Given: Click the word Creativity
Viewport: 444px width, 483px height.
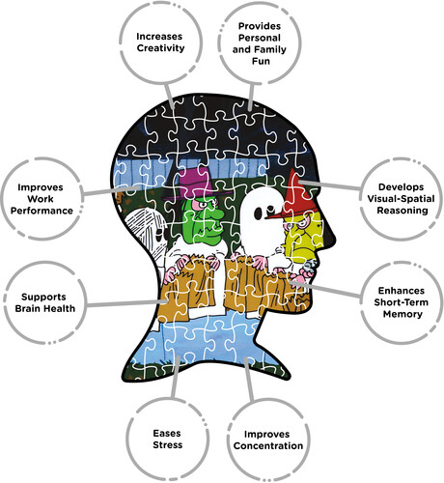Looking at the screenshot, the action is point(160,48).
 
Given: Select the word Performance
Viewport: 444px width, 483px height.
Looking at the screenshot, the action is point(42,211).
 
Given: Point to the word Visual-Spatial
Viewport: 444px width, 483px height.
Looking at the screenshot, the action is point(401,199).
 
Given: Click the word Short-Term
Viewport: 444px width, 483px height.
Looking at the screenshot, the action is point(401,302).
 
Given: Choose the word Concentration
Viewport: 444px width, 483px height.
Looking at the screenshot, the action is point(268,445).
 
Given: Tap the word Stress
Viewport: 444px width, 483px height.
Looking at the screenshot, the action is point(167,445).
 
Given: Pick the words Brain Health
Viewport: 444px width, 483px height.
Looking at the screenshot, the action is point(45,308).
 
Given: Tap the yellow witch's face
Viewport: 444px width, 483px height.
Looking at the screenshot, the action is point(302,235).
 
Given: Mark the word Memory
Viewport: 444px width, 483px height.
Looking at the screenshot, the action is point(402,314).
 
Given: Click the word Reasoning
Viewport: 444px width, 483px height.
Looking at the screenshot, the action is point(402,211).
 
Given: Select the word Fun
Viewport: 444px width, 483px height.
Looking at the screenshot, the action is point(261,61).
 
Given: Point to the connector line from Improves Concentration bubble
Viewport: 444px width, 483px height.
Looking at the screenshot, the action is point(248,380).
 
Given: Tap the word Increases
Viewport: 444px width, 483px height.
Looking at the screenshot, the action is point(159,37).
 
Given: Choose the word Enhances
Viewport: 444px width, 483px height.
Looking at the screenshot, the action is point(402,291).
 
